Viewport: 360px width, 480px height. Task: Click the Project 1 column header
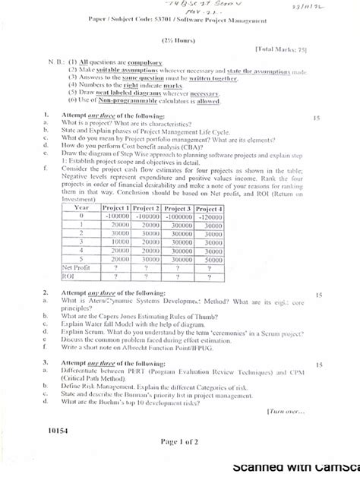tap(116, 208)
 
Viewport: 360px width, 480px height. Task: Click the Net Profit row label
tap(77, 267)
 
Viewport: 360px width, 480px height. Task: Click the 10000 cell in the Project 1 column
tap(116, 242)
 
